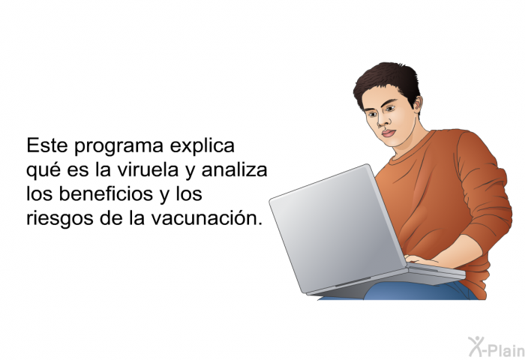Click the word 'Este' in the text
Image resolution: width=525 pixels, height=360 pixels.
pos(47,145)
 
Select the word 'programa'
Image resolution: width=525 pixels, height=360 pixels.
pos(118,147)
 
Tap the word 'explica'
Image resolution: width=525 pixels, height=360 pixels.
pos(202,147)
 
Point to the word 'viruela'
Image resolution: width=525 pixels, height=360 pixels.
pos(148,169)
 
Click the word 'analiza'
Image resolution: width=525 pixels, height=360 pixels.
pos(234,169)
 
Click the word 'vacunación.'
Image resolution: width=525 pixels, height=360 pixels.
pos(206,218)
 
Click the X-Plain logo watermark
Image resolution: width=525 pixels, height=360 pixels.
pos(496,347)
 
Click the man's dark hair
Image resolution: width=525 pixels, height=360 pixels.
pos(387,82)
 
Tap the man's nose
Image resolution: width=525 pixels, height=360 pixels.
pos(382,121)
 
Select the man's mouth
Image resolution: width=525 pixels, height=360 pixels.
pos(388,133)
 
